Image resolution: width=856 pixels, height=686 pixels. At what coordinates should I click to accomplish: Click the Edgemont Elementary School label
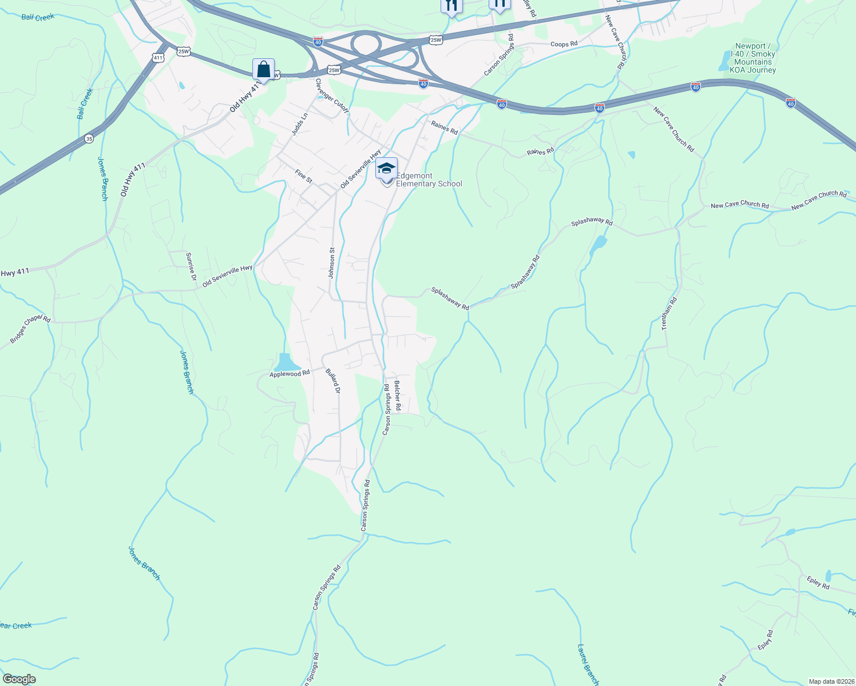click(429, 180)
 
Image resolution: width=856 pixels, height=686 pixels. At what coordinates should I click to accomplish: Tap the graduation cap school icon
click(386, 169)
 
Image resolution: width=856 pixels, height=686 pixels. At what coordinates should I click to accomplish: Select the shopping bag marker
click(263, 70)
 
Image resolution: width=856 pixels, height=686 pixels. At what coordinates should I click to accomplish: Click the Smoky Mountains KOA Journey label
click(753, 58)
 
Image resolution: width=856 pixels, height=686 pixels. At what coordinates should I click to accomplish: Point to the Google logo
click(19, 679)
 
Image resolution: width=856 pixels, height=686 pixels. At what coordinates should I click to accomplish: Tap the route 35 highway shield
click(89, 138)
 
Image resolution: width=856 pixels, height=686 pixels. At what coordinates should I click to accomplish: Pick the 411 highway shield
click(158, 57)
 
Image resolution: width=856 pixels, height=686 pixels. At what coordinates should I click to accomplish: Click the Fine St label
click(303, 176)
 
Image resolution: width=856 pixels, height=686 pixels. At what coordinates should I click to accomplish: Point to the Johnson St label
click(331, 263)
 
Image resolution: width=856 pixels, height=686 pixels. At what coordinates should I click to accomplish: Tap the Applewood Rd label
click(290, 374)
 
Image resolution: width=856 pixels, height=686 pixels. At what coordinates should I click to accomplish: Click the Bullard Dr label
click(333, 381)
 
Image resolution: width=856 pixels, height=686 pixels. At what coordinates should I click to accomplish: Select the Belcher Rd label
click(397, 394)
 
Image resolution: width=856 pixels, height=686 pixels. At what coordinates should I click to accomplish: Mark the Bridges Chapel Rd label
click(30, 330)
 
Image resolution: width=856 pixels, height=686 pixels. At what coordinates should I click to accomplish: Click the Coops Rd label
click(564, 44)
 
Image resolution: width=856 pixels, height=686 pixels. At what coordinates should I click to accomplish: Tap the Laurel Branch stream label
click(588, 665)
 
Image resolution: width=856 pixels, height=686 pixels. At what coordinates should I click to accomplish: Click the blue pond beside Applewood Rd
click(285, 362)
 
